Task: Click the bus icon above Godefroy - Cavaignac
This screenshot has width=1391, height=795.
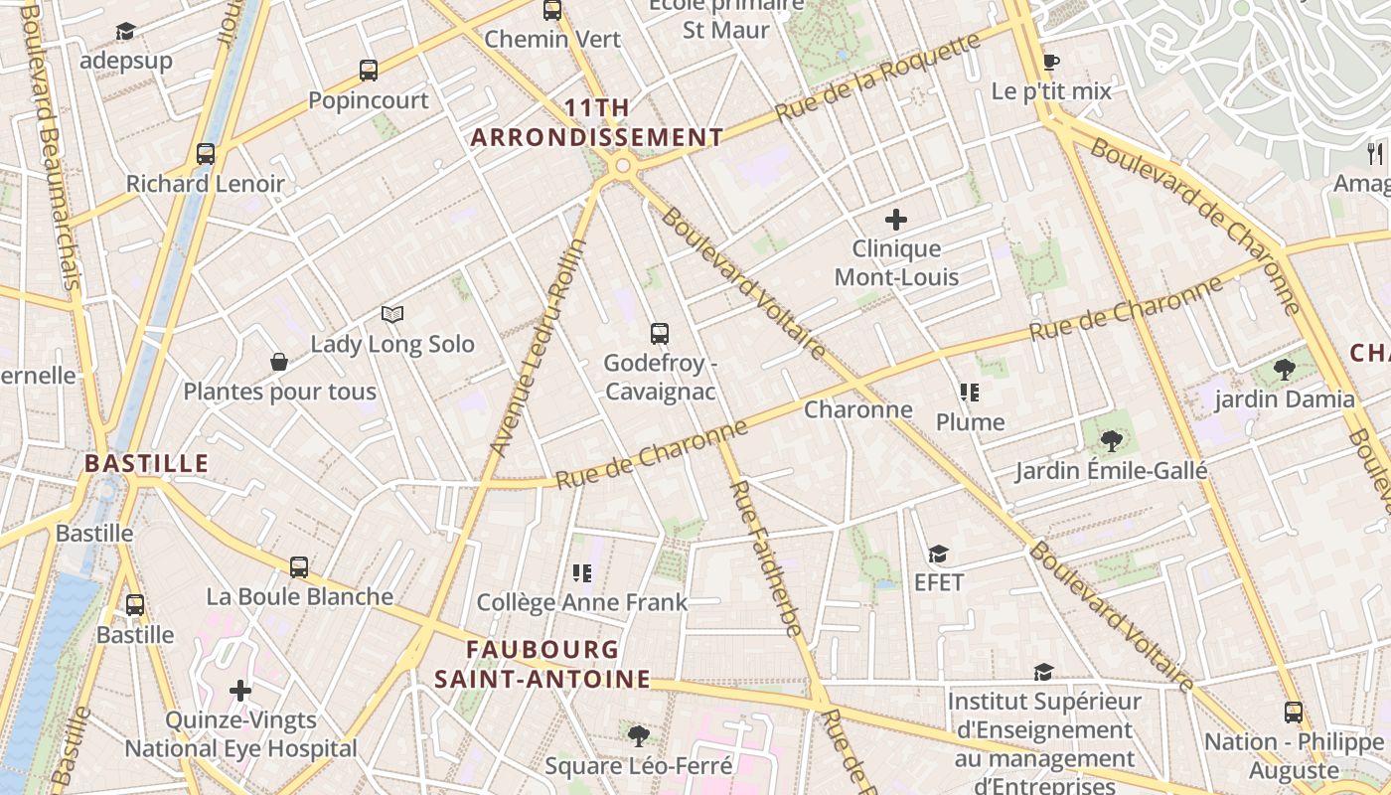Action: (x=659, y=334)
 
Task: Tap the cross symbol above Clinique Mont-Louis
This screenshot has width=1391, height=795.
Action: (x=896, y=220)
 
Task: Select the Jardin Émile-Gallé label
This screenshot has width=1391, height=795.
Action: (x=1111, y=470)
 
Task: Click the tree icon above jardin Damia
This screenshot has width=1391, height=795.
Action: (x=1284, y=370)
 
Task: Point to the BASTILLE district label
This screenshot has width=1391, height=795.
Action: (x=146, y=463)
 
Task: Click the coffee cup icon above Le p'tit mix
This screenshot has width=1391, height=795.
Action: (x=1051, y=62)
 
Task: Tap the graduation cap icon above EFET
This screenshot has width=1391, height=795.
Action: (x=938, y=554)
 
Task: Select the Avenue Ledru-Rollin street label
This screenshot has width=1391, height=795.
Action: (x=540, y=348)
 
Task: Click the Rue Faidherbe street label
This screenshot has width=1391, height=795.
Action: (x=765, y=557)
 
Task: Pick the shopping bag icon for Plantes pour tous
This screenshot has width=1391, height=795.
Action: (x=279, y=362)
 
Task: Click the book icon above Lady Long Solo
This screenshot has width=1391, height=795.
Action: (x=392, y=315)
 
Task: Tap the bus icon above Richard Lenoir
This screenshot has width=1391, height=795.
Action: (x=206, y=154)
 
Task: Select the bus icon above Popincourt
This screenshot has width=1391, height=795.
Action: (x=369, y=71)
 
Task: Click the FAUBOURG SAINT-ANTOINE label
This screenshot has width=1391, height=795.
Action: (x=542, y=664)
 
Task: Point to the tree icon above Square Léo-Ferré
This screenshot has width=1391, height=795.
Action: (x=638, y=736)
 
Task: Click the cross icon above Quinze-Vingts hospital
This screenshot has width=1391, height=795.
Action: (x=240, y=690)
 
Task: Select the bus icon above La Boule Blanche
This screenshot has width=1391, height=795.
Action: (x=299, y=567)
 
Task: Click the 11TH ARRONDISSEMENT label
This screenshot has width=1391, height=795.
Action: (x=596, y=123)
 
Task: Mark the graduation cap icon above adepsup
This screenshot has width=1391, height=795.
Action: (x=125, y=32)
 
